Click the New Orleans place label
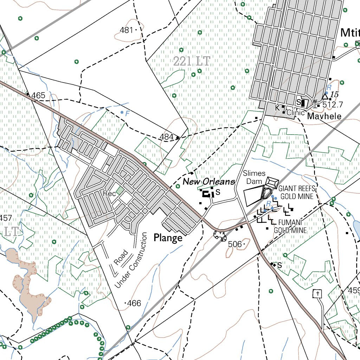click(209, 182)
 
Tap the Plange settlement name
click(168, 238)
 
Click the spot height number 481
click(126, 30)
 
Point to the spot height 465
click(38, 95)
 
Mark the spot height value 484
click(167, 137)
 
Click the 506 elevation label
click(235, 244)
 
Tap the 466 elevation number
click(134, 303)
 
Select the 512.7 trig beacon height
click(332, 104)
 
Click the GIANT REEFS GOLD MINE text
click(296, 192)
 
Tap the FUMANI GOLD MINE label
click(292, 226)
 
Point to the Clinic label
click(295, 113)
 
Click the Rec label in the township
click(107, 193)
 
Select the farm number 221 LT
click(191, 62)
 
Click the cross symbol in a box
click(317, 293)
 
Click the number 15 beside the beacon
click(334, 94)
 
